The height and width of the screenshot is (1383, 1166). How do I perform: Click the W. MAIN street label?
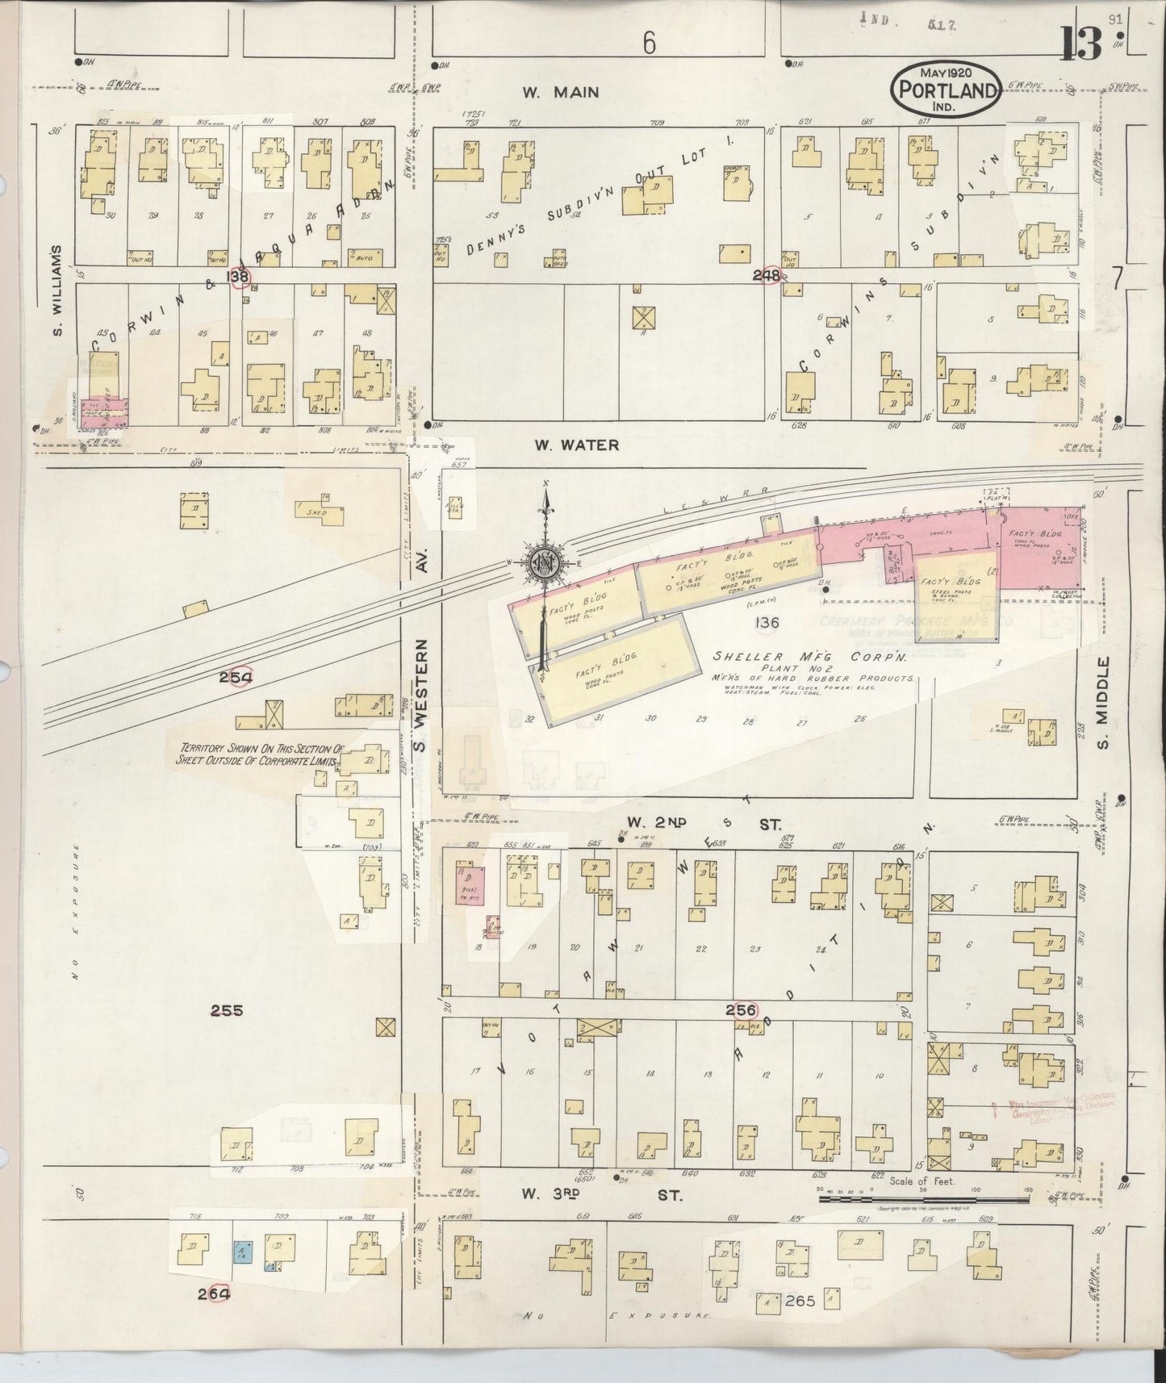point(560,93)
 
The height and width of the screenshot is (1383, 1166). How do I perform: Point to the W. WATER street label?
point(577,445)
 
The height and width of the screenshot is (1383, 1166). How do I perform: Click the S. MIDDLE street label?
point(1105,701)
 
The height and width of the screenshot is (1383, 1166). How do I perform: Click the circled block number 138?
point(239,278)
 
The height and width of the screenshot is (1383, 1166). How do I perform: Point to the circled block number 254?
point(236,677)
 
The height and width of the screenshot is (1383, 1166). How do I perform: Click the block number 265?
point(800,1301)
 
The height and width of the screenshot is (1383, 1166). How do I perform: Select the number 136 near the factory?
point(766,622)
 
